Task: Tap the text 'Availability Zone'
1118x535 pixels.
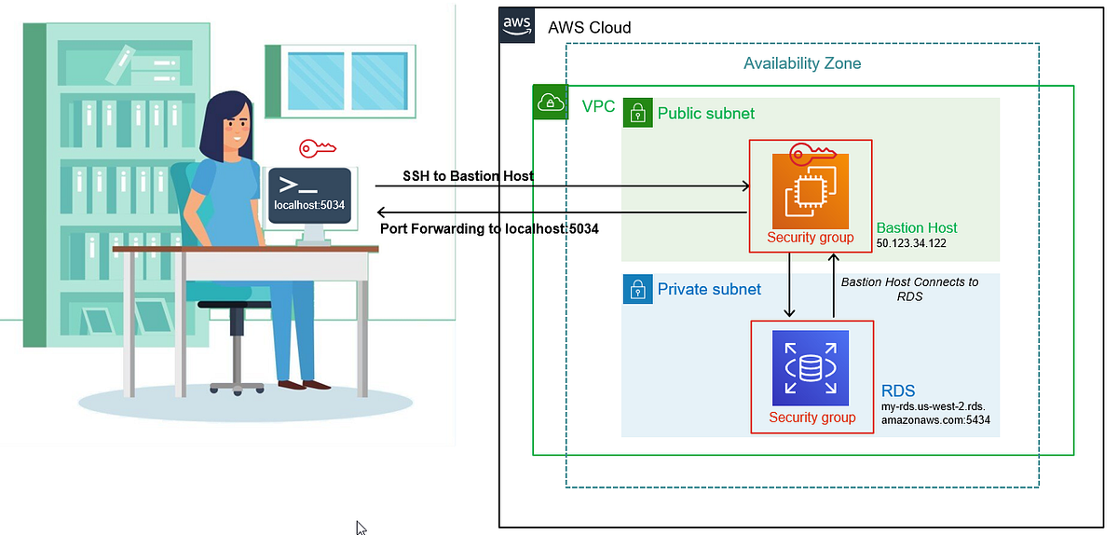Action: pos(802,63)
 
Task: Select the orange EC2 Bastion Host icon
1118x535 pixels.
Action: pos(811,191)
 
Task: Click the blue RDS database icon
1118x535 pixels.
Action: pos(811,368)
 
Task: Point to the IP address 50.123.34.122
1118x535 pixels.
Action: pos(917,243)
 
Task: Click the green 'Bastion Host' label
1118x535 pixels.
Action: pos(917,227)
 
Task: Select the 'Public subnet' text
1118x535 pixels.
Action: pos(706,114)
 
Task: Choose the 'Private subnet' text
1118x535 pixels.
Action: pos(709,289)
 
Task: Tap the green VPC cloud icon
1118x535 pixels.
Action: pos(550,103)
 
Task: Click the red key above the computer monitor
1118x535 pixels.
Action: pos(317,148)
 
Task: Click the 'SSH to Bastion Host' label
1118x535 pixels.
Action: pos(468,175)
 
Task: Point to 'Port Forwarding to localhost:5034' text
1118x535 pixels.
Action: pos(489,228)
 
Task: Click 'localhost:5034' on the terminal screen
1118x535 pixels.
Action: pos(309,204)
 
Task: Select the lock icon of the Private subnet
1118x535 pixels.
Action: pos(638,289)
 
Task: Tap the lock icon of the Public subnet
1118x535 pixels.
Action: pos(638,114)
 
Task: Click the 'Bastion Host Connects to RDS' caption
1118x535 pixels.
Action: pos(909,289)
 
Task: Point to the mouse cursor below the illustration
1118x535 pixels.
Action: pos(361,528)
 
